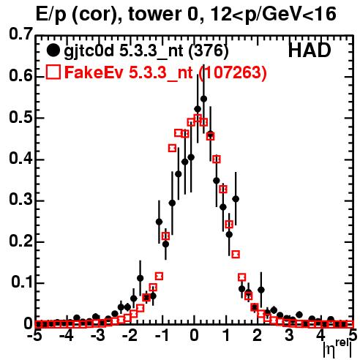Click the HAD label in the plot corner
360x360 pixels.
[x=310, y=50]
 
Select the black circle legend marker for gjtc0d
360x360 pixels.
[x=53, y=50]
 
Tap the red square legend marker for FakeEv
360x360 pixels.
[x=53, y=72]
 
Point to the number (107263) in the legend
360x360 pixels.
[x=232, y=72]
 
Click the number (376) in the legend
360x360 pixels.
[x=209, y=51]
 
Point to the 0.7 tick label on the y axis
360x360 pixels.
[x=20, y=34]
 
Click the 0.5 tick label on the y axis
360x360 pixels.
[x=20, y=118]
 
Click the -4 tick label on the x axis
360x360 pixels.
[x=67, y=336]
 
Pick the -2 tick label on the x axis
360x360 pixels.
[x=130, y=336]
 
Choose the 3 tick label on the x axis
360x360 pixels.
[x=289, y=336]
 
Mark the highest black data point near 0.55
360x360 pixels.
[x=203, y=99]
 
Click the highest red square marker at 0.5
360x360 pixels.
[x=198, y=118]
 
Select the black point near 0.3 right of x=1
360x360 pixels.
[x=236, y=199]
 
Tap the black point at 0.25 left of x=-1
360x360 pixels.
[x=159, y=222]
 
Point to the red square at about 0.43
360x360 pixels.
[x=172, y=148]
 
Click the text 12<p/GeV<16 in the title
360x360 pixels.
[x=273, y=15]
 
